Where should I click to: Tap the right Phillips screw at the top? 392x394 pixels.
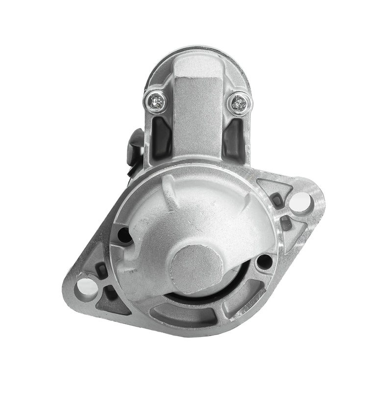pos(240,102)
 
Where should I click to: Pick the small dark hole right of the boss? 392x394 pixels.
pos(264,261)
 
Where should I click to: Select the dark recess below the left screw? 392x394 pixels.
pos(161,135)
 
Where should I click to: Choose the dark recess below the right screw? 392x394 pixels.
pos(233,135)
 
